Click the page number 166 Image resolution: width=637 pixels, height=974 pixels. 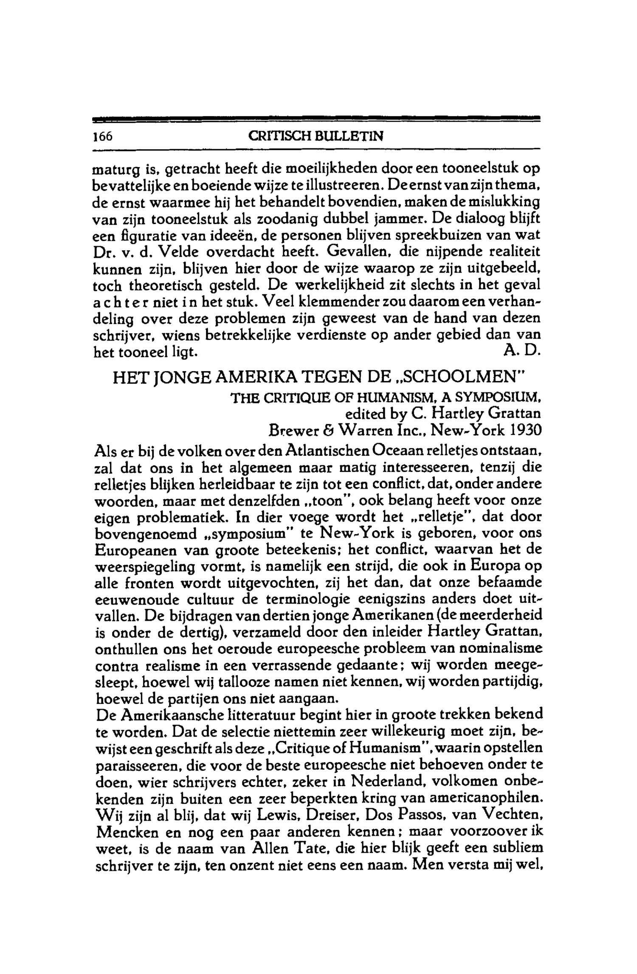click(102, 136)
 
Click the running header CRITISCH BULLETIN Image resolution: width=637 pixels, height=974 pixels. click(316, 136)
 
